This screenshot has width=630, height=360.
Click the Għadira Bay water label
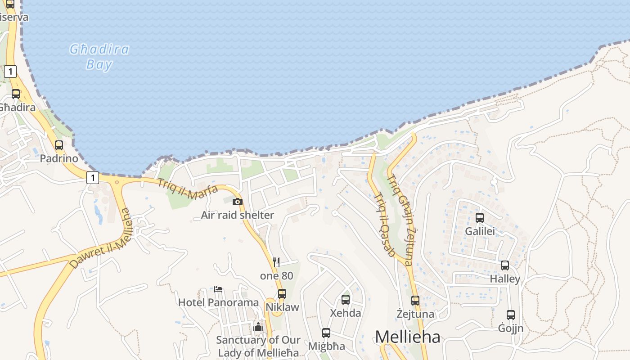click(99, 57)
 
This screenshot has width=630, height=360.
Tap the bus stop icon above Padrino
click(59, 145)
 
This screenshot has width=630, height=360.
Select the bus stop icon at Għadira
click(16, 94)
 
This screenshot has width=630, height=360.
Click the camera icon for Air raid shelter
click(238, 202)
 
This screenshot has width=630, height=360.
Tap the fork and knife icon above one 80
click(276, 262)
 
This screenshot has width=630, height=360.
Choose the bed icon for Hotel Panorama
click(218, 289)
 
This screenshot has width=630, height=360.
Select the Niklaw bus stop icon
click(282, 294)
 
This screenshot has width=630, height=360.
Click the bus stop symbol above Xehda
click(346, 299)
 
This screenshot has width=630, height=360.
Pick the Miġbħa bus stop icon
click(326, 333)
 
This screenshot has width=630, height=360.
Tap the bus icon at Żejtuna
click(415, 300)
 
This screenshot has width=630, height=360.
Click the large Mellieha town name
click(407, 337)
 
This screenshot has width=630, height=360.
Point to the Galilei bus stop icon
click(480, 218)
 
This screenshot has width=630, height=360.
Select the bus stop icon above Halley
click(505, 265)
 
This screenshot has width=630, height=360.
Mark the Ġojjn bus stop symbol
click(511, 315)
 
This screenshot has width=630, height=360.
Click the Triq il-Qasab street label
click(385, 225)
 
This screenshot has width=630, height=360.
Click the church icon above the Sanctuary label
click(258, 327)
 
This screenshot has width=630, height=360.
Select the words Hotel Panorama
click(218, 302)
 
